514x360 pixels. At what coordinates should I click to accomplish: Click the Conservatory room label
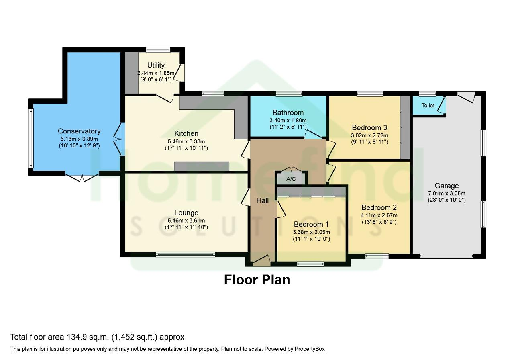(79, 131)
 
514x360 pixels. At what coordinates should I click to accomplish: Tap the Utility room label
(156, 65)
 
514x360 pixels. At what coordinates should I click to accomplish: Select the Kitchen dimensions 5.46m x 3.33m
(186, 141)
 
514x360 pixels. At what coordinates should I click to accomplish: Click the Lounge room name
(186, 213)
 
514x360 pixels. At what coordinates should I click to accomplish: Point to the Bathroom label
(288, 112)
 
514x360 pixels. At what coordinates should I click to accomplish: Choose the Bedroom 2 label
(379, 207)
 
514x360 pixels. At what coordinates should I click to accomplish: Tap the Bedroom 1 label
(311, 224)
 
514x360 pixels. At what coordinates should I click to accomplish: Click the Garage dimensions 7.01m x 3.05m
(447, 193)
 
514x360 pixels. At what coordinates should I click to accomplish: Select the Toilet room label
(428, 106)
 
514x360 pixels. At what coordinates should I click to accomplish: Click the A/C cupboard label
(291, 179)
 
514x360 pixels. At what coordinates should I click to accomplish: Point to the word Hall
(263, 200)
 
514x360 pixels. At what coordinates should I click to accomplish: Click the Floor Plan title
(257, 280)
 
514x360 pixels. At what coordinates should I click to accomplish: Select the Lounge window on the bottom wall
(186, 254)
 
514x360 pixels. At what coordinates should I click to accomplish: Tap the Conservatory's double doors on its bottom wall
(82, 176)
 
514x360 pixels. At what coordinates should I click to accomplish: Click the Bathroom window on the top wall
(289, 94)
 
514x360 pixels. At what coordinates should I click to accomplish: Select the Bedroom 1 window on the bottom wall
(310, 264)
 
